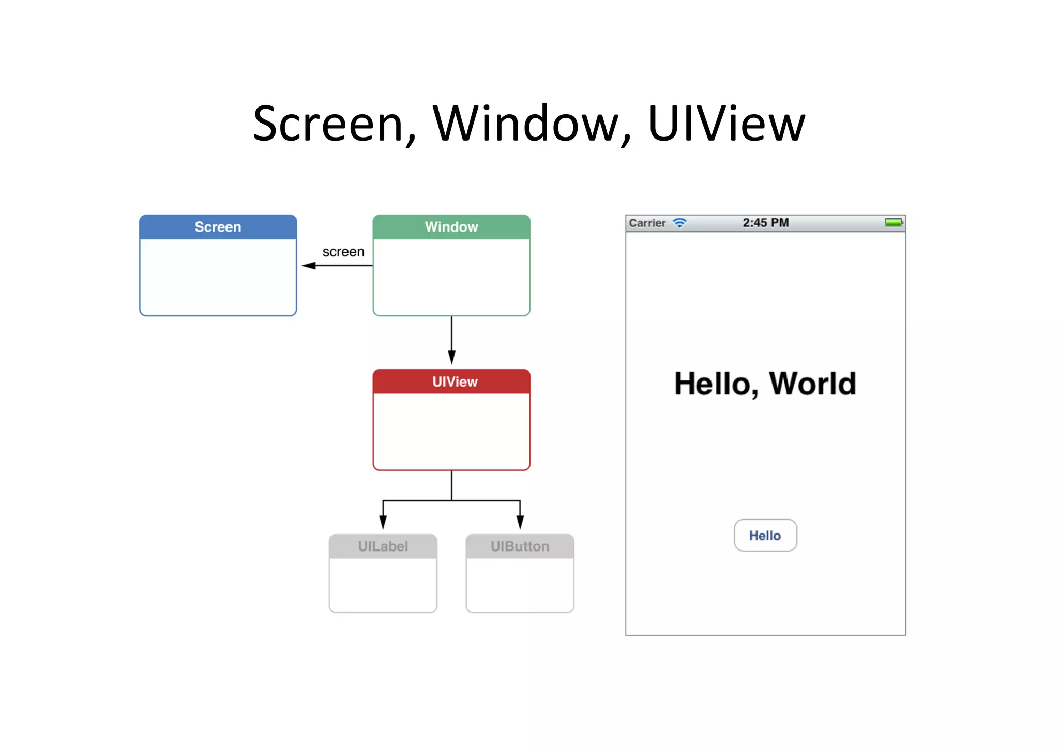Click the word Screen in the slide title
(x=328, y=124)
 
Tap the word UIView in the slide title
(x=727, y=124)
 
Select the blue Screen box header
(x=218, y=227)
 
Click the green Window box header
(x=451, y=227)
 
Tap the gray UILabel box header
(x=383, y=546)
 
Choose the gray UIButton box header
(x=520, y=546)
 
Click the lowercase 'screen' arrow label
(x=343, y=252)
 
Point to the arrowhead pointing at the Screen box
(x=309, y=266)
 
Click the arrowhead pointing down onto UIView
(x=451, y=357)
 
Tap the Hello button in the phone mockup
(x=765, y=536)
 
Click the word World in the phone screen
(x=812, y=384)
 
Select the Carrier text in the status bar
(x=647, y=223)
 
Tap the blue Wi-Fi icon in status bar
(x=679, y=223)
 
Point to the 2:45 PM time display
(x=766, y=223)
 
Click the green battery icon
(x=894, y=222)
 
